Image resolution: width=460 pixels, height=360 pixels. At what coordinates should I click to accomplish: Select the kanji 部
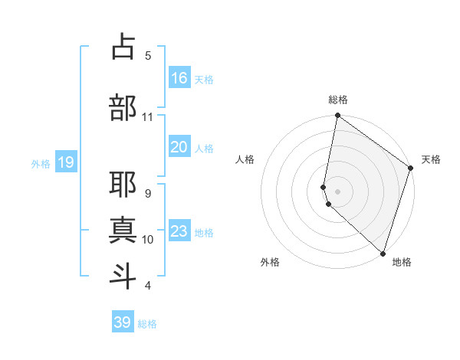pos(123,108)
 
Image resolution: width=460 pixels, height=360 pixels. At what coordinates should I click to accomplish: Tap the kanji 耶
pos(123,185)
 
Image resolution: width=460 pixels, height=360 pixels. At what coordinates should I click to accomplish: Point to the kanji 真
pos(123,231)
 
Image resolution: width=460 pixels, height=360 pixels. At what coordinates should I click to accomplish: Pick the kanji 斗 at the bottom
pos(123,277)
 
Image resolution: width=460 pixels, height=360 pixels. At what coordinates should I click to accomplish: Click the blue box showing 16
pos(179,77)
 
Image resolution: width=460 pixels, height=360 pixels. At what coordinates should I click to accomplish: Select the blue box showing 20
pos(179,147)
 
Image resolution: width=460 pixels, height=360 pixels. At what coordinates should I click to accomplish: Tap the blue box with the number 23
pos(179,231)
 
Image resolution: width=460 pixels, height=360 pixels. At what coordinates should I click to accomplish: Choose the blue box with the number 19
pos(66,162)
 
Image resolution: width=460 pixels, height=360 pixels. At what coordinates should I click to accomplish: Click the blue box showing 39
pos(123,322)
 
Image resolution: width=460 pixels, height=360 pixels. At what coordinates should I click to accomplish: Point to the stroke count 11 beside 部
pos(147,117)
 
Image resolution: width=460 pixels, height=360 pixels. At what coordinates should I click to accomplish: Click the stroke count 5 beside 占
pos(148,55)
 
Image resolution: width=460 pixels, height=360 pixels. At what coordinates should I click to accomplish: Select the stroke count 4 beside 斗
pos(148,286)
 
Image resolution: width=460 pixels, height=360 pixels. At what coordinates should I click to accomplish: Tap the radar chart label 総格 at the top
pos(338,100)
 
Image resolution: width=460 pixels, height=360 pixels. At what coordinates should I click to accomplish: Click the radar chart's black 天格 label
pos(431,159)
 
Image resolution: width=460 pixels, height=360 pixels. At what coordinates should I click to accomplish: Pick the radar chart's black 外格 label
pos(270,262)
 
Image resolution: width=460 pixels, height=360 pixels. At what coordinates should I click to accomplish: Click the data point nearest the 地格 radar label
pos(383,254)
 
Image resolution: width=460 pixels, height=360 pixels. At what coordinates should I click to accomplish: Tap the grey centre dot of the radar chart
pos(338,191)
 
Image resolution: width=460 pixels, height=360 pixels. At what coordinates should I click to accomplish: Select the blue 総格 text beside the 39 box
pos(147,324)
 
